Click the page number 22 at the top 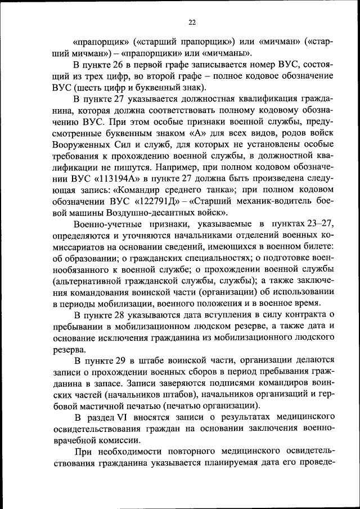click(192, 22)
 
